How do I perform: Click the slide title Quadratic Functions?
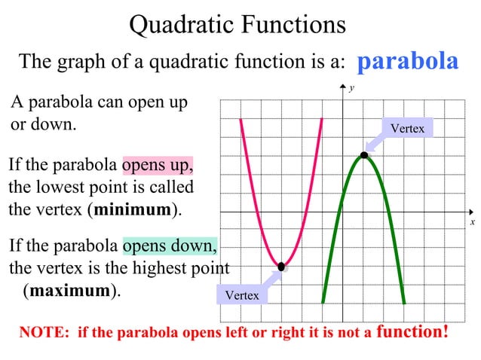point(237,24)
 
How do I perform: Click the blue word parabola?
point(406,61)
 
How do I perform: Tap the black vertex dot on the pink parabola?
point(281,266)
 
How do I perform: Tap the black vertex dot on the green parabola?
point(364,155)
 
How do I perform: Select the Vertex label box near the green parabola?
point(407,129)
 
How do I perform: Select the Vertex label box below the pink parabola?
point(241,295)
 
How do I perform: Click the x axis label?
point(472,222)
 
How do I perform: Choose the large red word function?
point(412,331)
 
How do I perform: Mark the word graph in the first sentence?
point(81,62)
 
